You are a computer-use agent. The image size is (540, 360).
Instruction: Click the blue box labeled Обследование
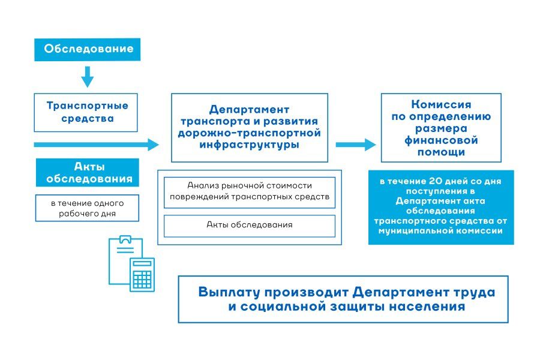coord(88,49)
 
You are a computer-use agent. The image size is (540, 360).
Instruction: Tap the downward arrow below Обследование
coord(88,76)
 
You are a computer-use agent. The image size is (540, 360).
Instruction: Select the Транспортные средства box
coord(86,112)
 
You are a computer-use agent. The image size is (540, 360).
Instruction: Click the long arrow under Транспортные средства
coord(96,145)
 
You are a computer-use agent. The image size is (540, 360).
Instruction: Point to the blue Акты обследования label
coord(88,172)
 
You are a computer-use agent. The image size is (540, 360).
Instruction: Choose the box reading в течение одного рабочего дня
coord(88,208)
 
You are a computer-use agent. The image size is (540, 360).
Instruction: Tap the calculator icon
coord(143,274)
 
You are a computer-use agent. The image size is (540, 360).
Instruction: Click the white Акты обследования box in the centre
coord(249,225)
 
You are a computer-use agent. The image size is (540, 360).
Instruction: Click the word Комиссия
coord(441,105)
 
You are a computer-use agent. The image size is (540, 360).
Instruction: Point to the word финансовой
coord(441,141)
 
